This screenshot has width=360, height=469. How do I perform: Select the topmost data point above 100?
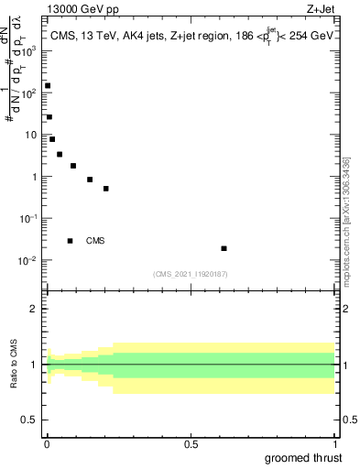[48, 86]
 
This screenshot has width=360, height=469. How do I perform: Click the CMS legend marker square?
[70, 241]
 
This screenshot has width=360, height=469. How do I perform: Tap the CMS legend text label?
[95, 241]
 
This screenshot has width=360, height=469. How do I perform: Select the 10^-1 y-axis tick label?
[27, 218]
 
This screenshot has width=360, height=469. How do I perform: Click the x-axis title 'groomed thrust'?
[305, 457]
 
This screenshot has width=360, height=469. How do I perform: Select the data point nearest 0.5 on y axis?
[106, 189]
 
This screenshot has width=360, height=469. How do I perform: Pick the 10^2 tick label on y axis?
[29, 93]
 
